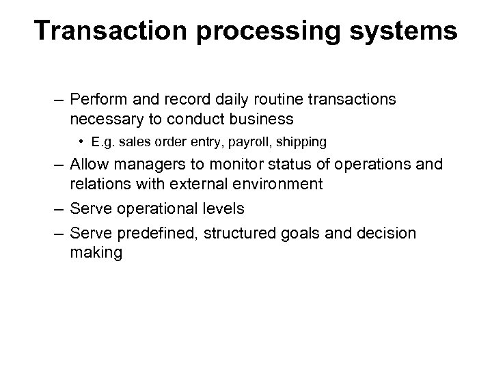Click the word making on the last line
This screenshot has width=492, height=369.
point(96,253)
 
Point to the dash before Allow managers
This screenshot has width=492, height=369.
point(57,165)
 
